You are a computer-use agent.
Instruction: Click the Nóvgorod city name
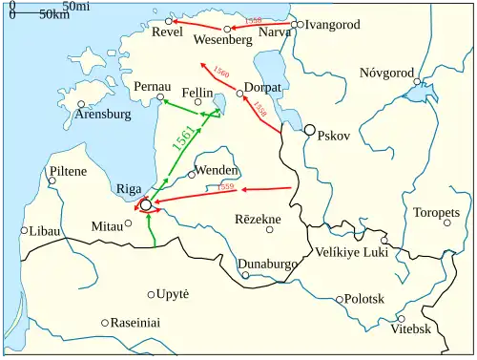coord(386,73)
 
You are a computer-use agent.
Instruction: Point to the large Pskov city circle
coord(309,130)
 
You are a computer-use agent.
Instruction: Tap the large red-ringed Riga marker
coord(145,204)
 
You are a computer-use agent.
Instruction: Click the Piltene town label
coord(67,171)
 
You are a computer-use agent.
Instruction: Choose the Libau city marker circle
coord(24,230)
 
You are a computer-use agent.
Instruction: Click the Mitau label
coord(107,226)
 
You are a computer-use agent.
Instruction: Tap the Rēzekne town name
coord(258,220)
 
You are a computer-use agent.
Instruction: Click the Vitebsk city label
coord(411,329)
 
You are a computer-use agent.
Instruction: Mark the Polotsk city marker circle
coord(339,299)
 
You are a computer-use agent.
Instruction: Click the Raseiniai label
coord(135,322)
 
